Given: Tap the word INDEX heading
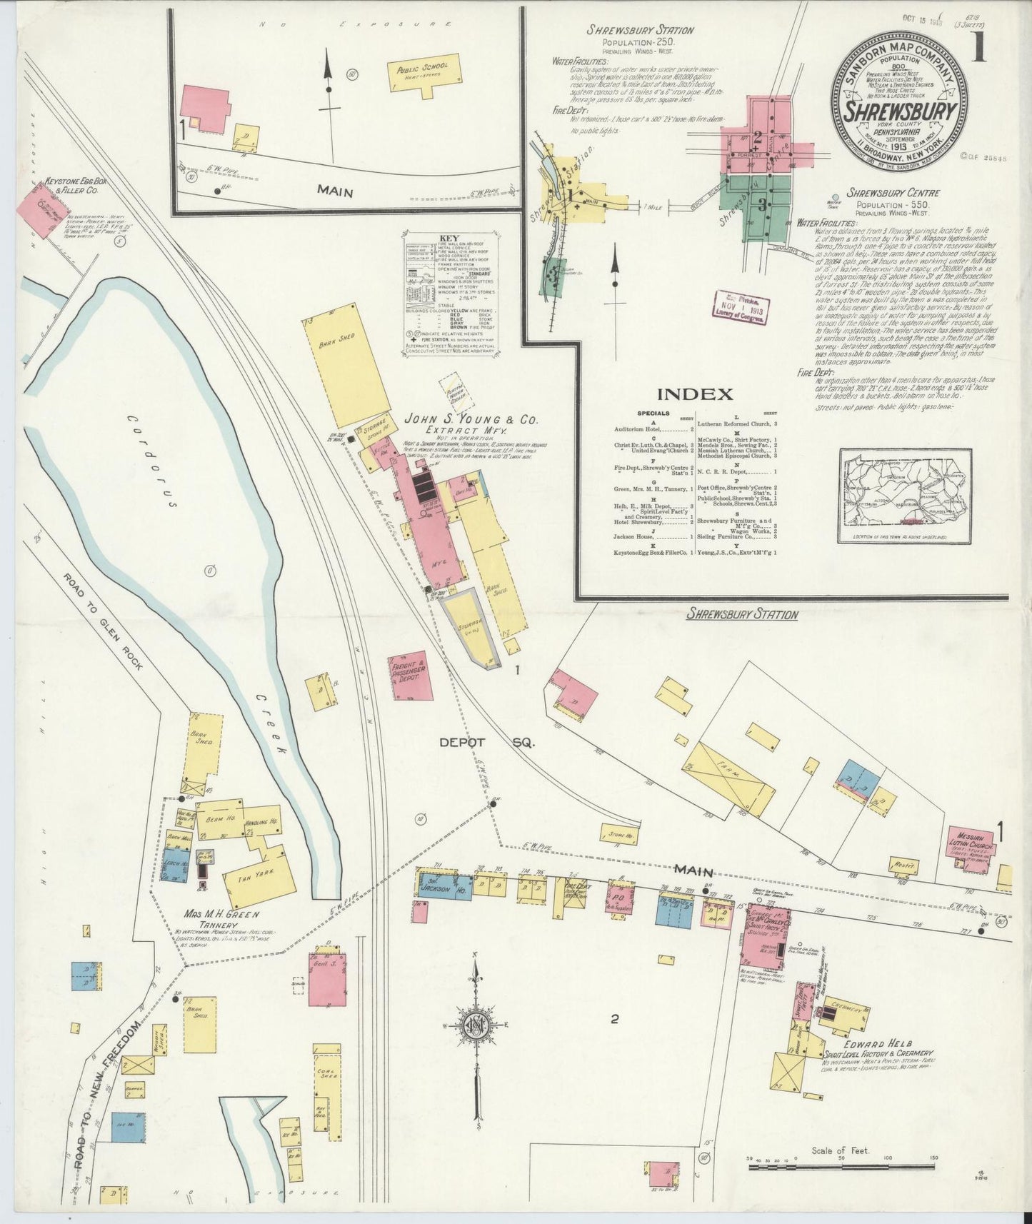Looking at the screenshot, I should pos(695,394).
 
